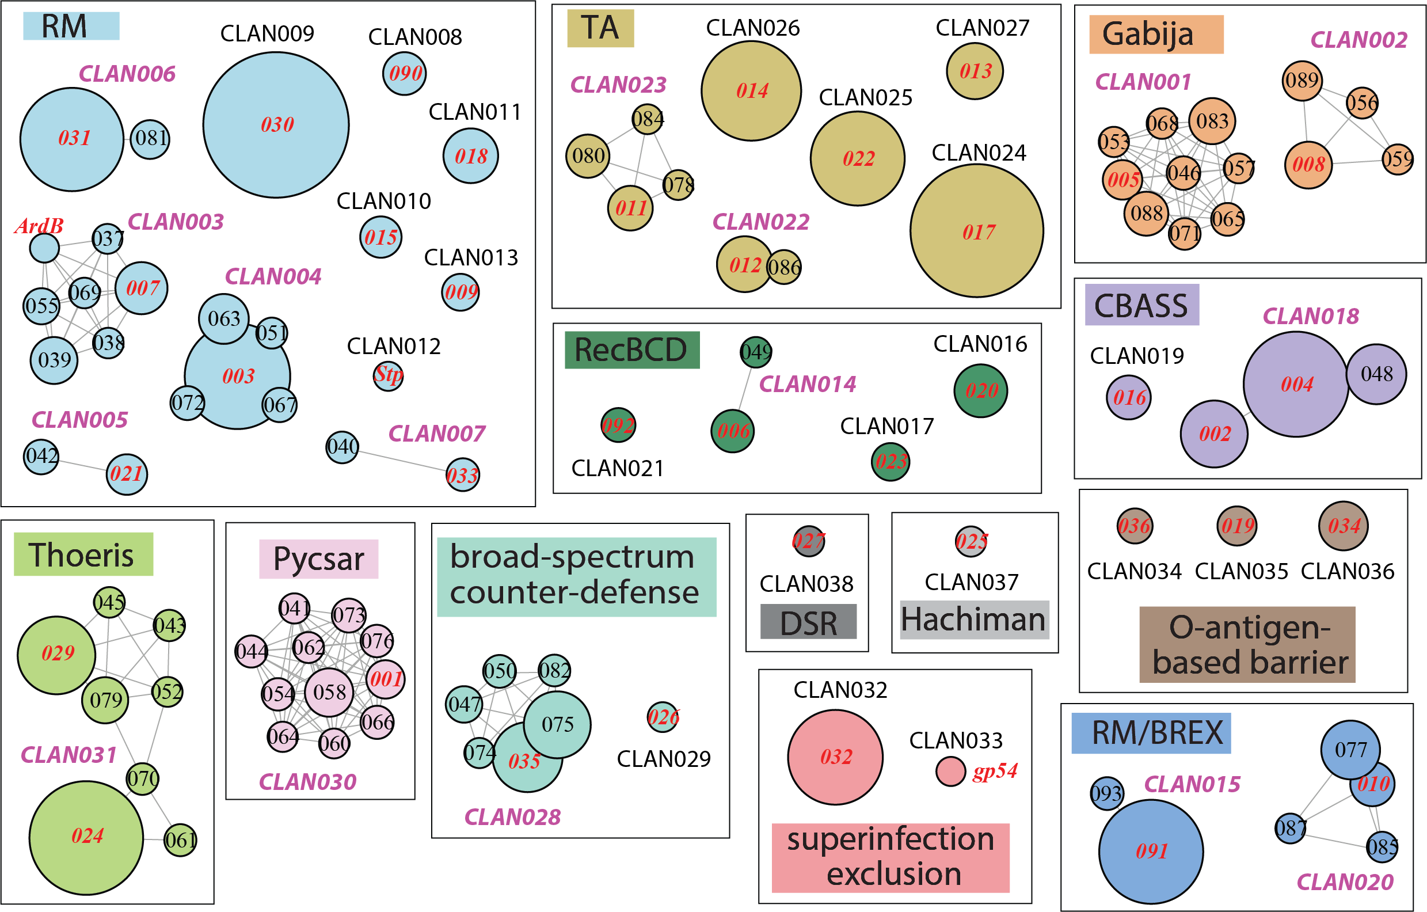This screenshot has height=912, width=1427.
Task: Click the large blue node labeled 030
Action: point(276,125)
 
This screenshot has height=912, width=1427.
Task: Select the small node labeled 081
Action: point(150,139)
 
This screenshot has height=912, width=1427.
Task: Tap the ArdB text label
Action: point(39,226)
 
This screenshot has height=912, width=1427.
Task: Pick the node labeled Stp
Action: point(388,376)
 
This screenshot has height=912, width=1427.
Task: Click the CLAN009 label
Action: point(267,34)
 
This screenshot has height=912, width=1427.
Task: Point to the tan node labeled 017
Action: point(977,231)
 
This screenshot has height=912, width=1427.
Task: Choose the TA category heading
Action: point(600,28)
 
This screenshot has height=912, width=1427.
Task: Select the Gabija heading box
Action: point(1155,35)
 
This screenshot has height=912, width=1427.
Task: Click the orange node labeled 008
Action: point(1308,165)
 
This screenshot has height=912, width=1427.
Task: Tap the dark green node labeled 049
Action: point(756,352)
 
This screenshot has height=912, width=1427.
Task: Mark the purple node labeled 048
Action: point(1376,374)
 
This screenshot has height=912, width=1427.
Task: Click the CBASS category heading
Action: point(1141,305)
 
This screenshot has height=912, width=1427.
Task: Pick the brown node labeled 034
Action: point(1344,526)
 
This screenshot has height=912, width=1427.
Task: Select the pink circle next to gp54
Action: point(950,772)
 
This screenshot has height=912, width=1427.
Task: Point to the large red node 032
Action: point(835,757)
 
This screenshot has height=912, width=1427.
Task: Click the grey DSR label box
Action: point(808,622)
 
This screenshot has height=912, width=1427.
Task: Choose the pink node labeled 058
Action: point(329,692)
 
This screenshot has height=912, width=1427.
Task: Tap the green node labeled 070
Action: point(142,778)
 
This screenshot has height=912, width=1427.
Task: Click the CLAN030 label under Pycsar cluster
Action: point(307,782)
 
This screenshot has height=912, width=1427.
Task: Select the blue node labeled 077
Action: point(1350,750)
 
